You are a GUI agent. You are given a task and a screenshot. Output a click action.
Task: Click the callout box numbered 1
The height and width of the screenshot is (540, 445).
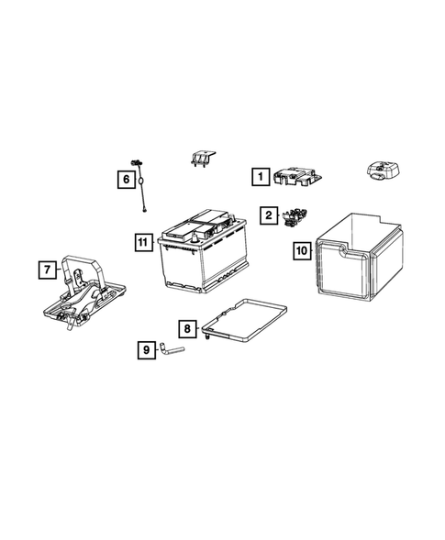point(261,174)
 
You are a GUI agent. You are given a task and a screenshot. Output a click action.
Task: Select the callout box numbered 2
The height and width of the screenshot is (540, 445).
point(268,215)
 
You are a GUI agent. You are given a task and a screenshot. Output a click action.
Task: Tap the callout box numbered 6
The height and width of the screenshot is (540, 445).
point(125,180)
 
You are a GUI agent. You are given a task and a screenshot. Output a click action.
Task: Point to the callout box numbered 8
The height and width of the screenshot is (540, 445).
point(186,327)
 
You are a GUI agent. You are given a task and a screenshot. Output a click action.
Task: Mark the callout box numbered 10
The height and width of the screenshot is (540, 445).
point(301,249)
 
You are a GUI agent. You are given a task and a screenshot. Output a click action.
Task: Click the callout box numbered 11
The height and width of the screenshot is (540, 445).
point(141,242)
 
